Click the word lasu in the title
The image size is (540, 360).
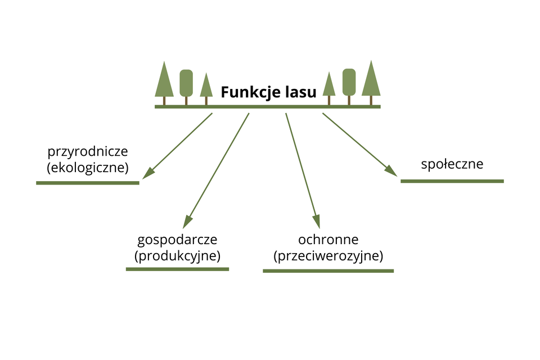[x=300, y=92]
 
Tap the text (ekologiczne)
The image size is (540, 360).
[x=88, y=167]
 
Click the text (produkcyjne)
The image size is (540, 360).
[x=177, y=255]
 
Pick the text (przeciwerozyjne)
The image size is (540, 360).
[x=328, y=256]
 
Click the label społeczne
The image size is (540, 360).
[x=452, y=164]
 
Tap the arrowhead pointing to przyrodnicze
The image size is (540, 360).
[x=147, y=174]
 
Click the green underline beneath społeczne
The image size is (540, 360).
[x=452, y=181]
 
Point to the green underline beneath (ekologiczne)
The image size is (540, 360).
[x=88, y=183]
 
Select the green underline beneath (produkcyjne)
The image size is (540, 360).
[x=177, y=269]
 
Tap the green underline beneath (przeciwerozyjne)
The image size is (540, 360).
[x=328, y=271]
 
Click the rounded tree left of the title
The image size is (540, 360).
[x=186, y=83]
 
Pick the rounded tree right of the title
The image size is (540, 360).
[x=349, y=82]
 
